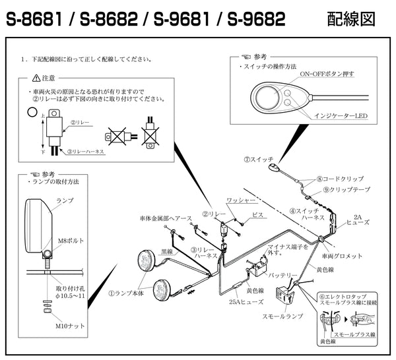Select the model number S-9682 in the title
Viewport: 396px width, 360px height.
[x=256, y=20]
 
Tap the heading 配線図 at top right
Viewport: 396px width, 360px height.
[x=351, y=20]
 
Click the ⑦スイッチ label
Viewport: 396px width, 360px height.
[x=257, y=159]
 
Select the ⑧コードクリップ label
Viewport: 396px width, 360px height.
[x=340, y=178]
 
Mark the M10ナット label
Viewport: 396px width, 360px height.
[x=69, y=325]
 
